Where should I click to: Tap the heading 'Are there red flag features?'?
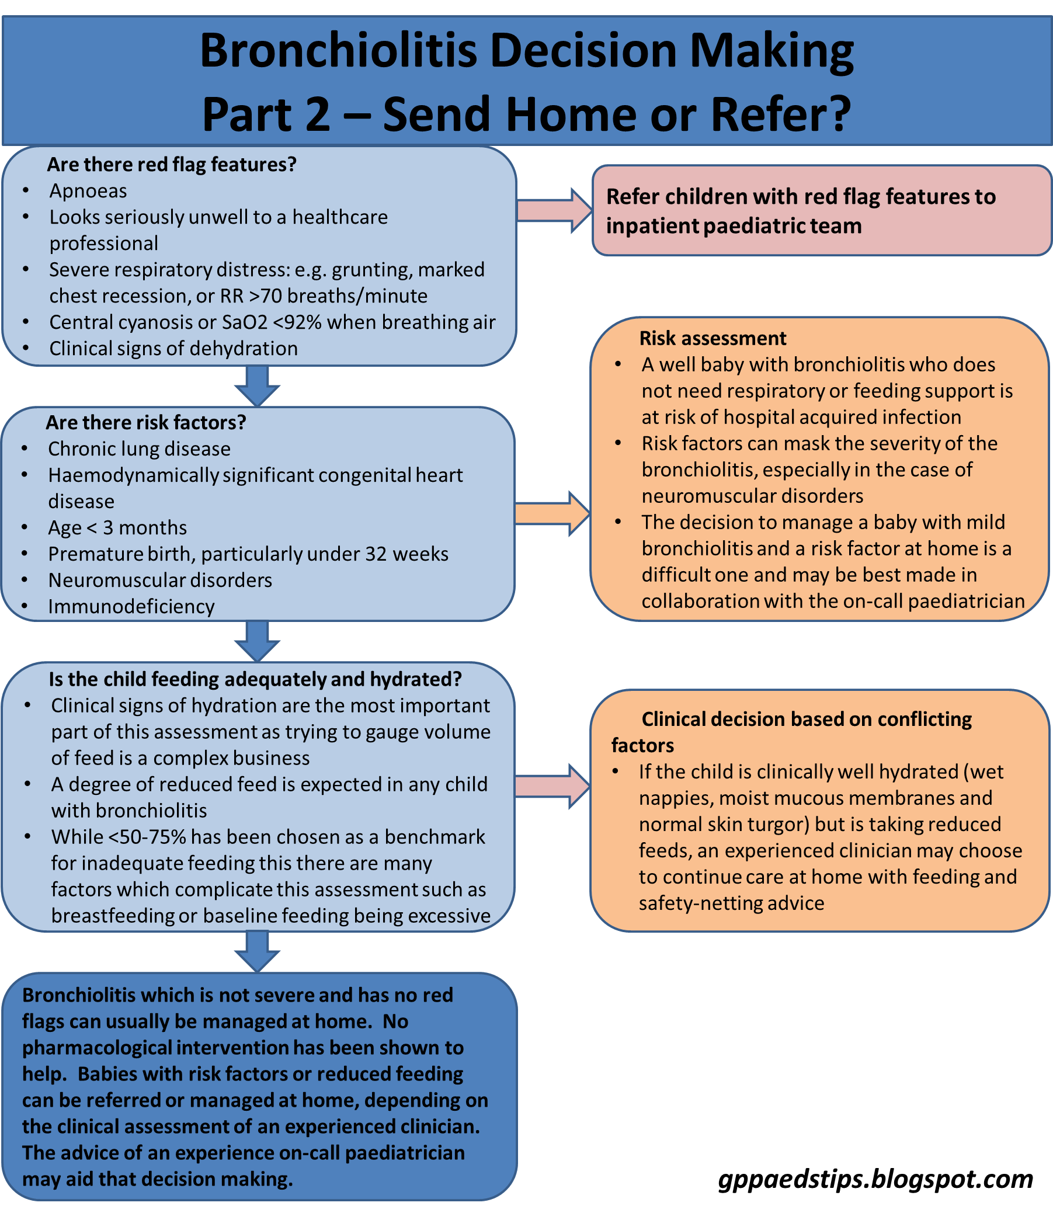click(172, 165)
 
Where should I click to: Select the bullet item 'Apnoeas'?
click(88, 191)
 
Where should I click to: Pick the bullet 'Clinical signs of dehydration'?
click(173, 349)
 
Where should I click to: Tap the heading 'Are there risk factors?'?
click(146, 423)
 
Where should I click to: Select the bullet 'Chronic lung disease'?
click(139, 449)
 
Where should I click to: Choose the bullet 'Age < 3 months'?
click(117, 528)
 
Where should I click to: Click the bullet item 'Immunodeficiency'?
click(131, 606)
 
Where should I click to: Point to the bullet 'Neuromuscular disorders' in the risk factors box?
click(160, 580)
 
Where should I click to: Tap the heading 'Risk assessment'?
click(713, 339)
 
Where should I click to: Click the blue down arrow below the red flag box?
click(258, 385)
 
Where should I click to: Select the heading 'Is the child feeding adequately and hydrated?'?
click(255, 679)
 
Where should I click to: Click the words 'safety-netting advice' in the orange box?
click(732, 903)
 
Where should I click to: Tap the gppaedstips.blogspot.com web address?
click(875, 1179)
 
